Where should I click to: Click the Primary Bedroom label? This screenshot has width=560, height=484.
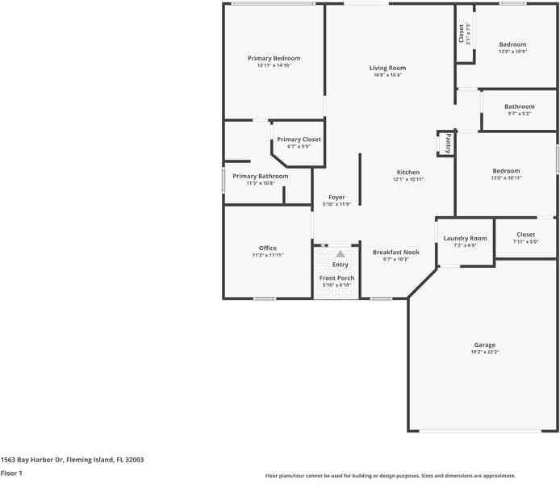coord(274,58)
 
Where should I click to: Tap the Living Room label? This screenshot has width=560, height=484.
coord(387,68)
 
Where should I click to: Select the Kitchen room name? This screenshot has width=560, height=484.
coord(407,172)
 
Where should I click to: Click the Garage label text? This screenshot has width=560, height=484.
coord(484,344)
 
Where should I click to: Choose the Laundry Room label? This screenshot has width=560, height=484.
coord(466,238)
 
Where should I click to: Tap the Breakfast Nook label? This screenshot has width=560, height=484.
coord(395,252)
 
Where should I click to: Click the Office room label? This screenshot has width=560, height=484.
coord(267,248)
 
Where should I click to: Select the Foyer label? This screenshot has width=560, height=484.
coord(336,197)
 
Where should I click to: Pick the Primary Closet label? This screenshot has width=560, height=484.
coord(299,140)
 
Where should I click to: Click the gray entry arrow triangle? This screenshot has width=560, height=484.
coord(341,254)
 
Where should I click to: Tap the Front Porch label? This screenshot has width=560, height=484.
coord(336,278)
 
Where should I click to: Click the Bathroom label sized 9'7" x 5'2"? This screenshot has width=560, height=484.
coord(519,106)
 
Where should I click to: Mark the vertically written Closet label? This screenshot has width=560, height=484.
coord(462,32)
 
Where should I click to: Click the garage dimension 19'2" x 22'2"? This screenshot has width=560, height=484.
coord(484,353)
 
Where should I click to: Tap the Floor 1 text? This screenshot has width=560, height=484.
coord(11,474)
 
